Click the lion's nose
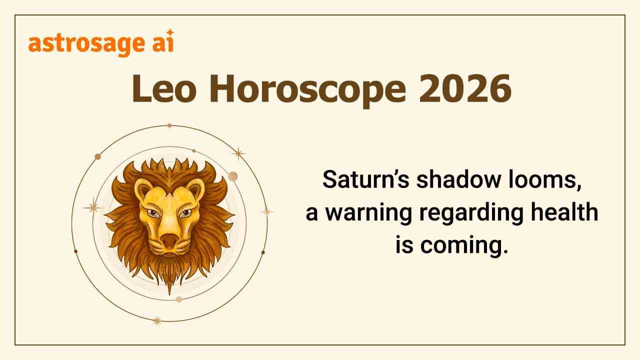(x=169, y=239)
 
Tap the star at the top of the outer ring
(x=169, y=125)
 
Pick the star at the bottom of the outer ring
(x=157, y=320)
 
